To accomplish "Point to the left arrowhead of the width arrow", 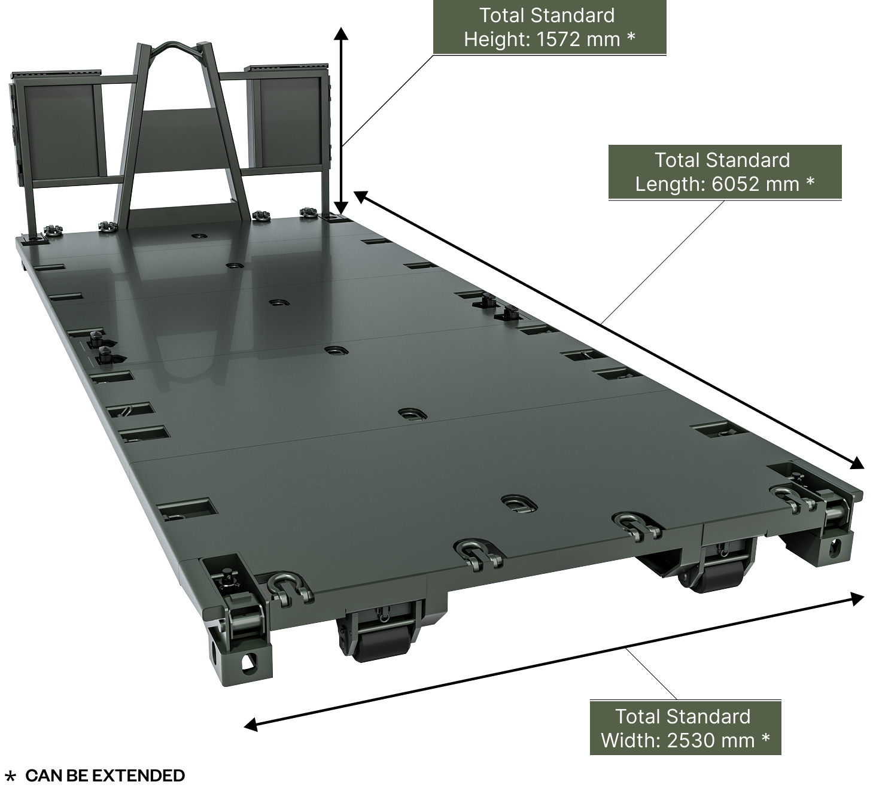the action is coord(251,725).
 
